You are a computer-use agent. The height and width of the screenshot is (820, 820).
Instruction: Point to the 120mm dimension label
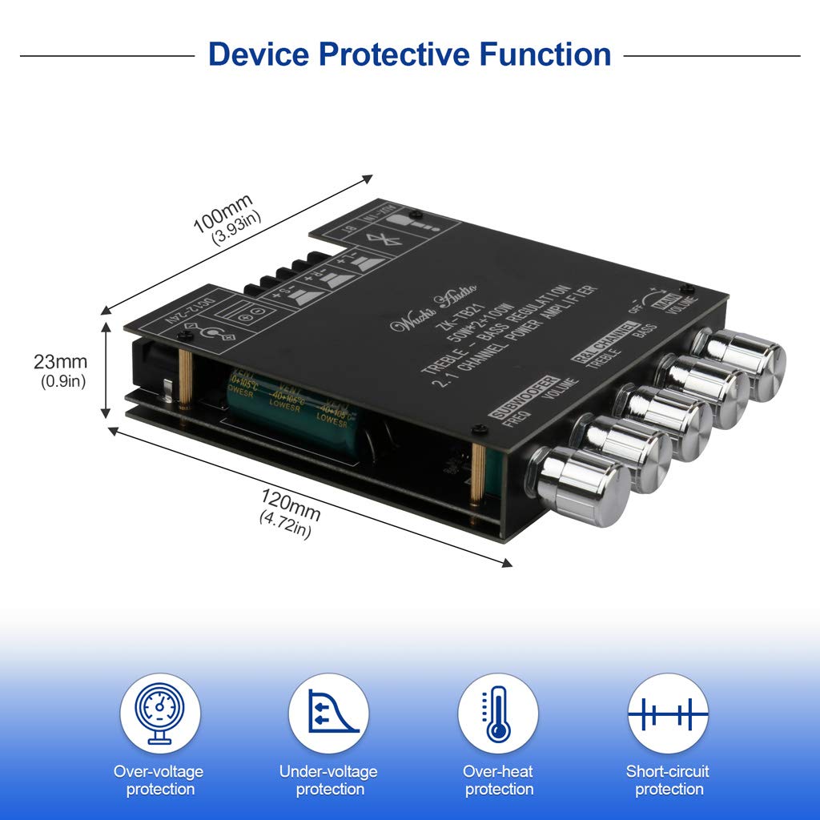pos(291,504)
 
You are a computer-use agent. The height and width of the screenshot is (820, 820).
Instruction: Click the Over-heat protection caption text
pos(499,781)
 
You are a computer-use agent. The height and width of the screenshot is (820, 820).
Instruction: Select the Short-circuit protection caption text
pos(668,781)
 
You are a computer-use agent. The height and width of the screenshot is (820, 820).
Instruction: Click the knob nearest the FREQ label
pos(581,486)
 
